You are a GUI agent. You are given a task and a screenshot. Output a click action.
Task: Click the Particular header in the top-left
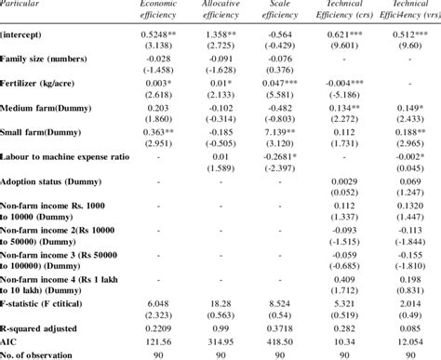(x=28, y=4)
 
